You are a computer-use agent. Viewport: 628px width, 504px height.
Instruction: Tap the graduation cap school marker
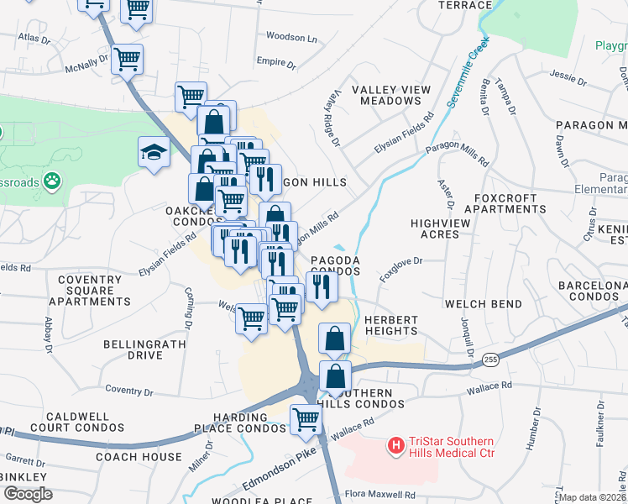coord(154,152)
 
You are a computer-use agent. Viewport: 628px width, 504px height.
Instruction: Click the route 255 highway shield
coord(490,360)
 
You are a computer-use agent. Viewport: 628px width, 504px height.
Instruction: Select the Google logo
coord(28,493)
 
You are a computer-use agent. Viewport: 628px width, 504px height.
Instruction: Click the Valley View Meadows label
coord(390,95)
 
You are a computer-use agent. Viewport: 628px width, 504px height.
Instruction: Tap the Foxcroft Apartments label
coord(500,203)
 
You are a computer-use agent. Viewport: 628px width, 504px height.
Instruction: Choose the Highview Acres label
coord(435,228)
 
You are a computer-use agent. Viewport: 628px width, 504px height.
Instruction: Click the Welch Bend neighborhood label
coord(477,303)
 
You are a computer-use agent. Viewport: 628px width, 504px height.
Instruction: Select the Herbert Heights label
coord(390,326)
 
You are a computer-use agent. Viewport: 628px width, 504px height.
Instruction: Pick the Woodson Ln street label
coord(291,38)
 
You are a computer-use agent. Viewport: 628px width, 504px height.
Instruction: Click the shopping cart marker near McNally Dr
coord(127,59)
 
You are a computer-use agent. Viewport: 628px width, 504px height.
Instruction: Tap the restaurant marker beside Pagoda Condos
coord(322,286)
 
